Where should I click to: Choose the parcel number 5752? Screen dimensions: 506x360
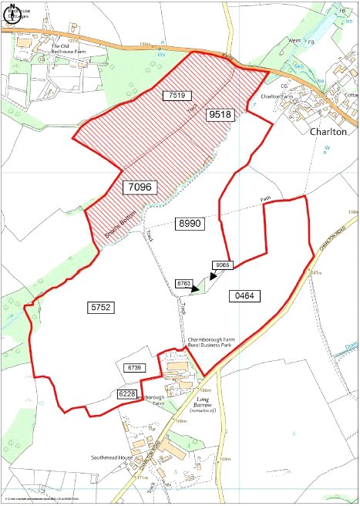click(101, 307)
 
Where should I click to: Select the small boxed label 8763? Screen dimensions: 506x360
click(183, 284)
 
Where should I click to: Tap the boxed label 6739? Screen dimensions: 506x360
click(136, 367)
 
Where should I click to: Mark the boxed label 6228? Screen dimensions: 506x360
click(128, 394)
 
